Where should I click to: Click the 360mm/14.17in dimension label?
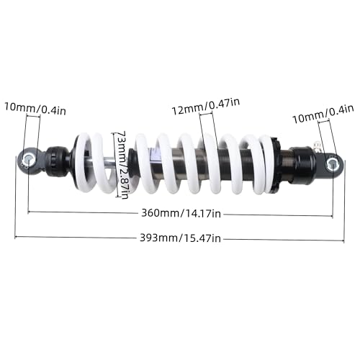point(181,213)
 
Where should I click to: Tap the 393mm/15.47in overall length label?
point(180,238)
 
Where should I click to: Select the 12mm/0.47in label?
point(206,107)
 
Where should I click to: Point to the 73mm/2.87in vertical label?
point(122,165)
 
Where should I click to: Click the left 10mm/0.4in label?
point(35,109)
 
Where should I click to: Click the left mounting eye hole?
point(28,159)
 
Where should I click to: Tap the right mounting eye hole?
point(332,164)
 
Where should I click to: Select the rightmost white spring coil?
point(268,165)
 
